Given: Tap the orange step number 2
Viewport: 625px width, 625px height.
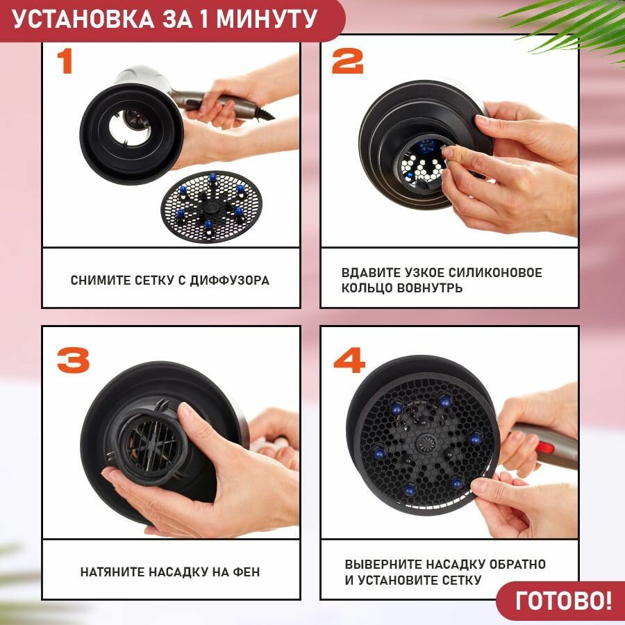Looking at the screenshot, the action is (348, 61).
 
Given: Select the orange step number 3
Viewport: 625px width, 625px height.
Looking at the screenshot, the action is (74, 360).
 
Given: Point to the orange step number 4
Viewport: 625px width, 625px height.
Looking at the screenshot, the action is (349, 360).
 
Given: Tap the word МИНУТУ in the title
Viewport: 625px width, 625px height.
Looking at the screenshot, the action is (267, 19).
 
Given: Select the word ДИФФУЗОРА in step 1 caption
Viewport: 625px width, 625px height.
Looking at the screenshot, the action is (230, 281).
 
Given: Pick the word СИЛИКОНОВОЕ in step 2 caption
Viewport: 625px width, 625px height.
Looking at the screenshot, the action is (495, 273).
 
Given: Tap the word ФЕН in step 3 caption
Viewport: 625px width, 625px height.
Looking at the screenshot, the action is (247, 572).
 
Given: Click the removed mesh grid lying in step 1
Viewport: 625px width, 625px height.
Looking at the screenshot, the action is (211, 207).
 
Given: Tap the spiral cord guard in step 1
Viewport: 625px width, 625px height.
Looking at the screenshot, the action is (263, 112).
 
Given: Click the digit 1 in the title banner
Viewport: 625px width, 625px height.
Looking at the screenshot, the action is (203, 19).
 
